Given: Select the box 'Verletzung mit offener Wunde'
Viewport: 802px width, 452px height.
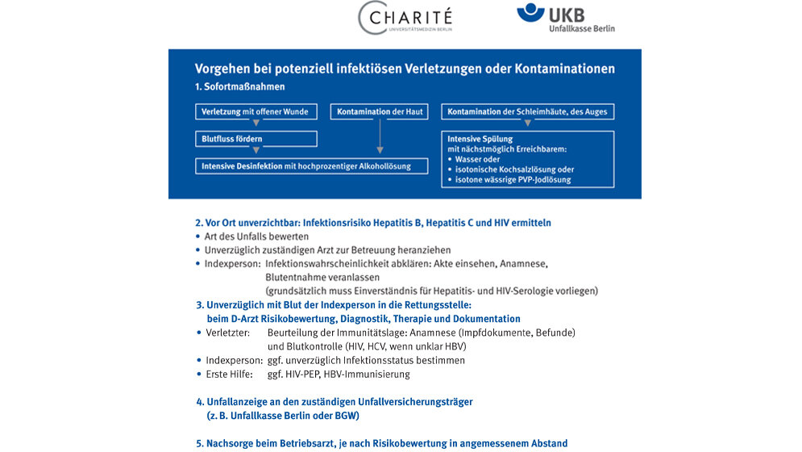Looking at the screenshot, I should coord(256,111).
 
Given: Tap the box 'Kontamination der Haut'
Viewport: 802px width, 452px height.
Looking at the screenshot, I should coord(379,111).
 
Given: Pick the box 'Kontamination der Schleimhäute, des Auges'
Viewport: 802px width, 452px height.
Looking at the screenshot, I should coord(528,111).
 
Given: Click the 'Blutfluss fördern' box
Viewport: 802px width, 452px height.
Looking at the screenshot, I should coord(256,139).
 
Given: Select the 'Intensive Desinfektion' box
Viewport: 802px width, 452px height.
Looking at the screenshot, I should coord(314,166).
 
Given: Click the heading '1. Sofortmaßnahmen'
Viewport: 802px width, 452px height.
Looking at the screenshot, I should coord(239,86).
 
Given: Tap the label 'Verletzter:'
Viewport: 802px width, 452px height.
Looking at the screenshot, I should coord(228,333).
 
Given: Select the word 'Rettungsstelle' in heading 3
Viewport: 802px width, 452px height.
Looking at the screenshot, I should coord(438,305).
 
